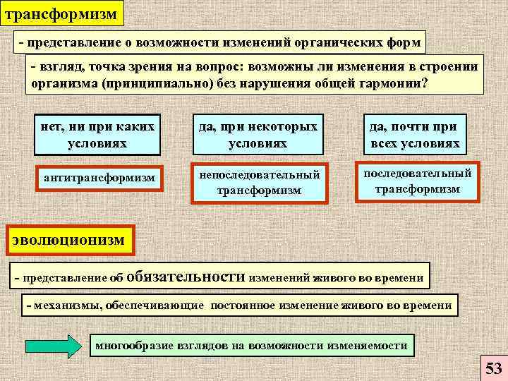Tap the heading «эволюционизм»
68,240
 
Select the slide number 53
493,368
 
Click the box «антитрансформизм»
99,177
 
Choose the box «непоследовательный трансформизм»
260,183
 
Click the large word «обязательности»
186,277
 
